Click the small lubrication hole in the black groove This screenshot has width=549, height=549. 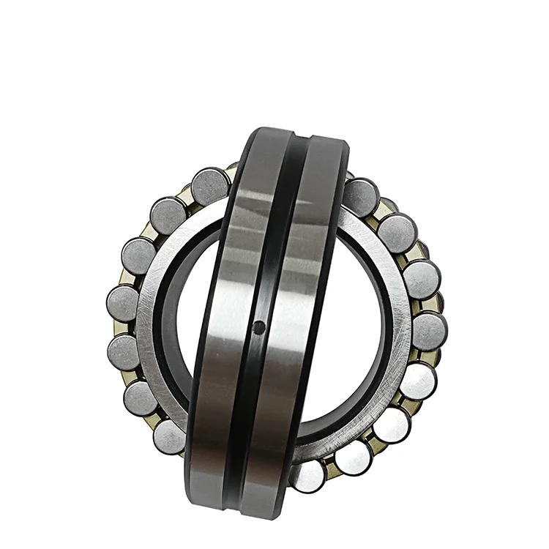[258, 329]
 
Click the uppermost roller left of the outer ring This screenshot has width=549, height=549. [210, 187]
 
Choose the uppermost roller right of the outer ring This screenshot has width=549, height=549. [360, 197]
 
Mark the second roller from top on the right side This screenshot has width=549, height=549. [397, 233]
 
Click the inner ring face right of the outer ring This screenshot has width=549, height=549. [388, 322]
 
